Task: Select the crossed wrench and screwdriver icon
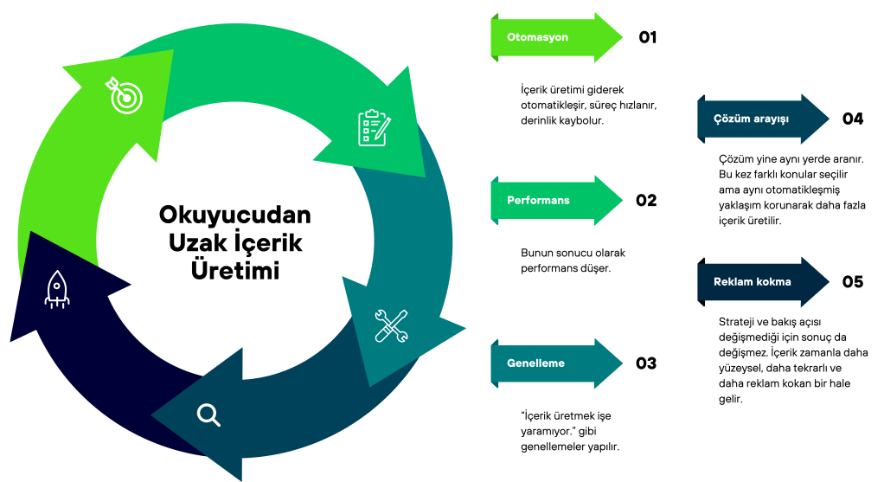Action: pos(391,325)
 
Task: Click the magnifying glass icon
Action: pos(208,415)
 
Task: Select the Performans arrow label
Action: pos(538,200)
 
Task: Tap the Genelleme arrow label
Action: pos(535,363)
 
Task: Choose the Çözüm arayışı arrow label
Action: pos(751,119)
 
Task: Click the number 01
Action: pos(648,37)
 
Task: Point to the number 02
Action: pos(646,200)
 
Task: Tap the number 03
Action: pos(646,363)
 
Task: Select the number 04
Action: pos(853,119)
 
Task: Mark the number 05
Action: pos(853,282)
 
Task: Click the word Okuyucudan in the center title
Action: pos(234,215)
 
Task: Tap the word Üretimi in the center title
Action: pos(234,270)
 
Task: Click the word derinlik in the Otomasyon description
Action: pos(542,121)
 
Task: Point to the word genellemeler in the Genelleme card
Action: pos(560,447)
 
